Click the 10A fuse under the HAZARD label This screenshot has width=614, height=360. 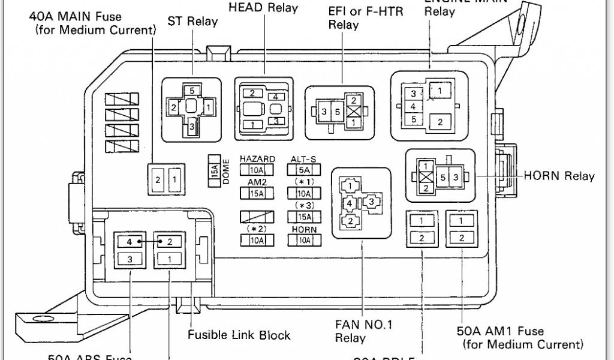tap(257, 170)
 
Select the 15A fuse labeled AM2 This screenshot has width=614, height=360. tap(257, 193)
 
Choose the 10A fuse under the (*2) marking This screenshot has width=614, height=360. tap(257, 240)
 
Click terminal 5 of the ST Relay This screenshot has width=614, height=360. tap(191, 91)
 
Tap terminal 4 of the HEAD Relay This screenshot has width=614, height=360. tap(276, 97)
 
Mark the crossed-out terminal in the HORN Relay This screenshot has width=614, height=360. tap(425, 177)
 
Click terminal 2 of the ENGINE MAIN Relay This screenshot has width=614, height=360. tap(441, 122)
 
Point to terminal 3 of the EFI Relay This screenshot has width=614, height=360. tap(324, 112)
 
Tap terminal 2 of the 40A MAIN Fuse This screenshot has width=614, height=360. tap(157, 179)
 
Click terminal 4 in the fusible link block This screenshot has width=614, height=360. tap(130, 242)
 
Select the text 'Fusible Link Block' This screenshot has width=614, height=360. tap(239, 335)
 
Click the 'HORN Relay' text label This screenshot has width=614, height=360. tap(559, 176)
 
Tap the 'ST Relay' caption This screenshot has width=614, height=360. tap(193, 22)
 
